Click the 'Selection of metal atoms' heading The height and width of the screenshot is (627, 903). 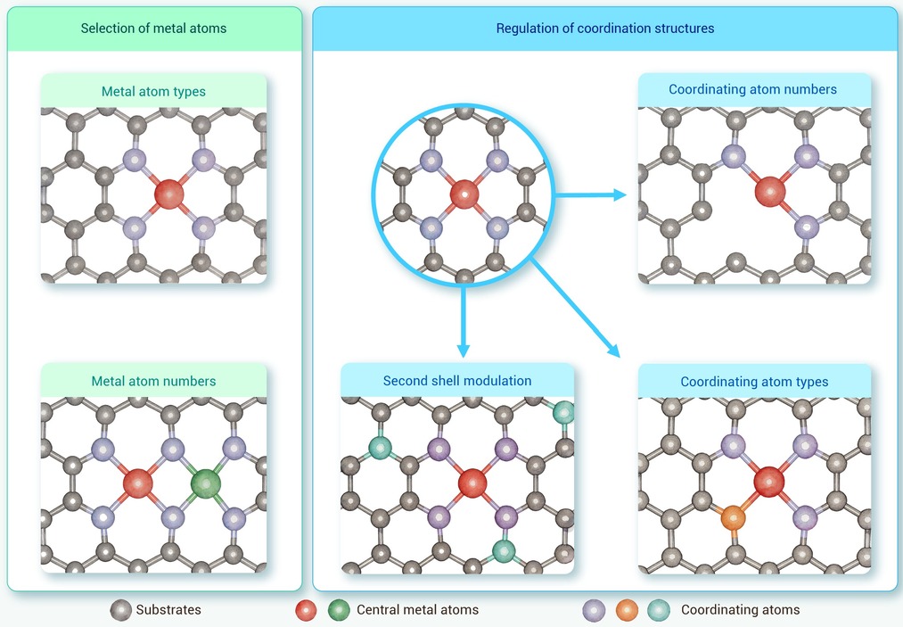(153, 29)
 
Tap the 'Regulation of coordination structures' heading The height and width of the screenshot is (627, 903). (605, 29)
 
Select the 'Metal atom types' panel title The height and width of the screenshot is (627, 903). (153, 91)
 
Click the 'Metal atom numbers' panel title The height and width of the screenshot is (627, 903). (153, 381)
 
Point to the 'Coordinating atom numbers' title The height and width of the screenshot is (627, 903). (752, 89)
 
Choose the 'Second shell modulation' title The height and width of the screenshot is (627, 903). (457, 380)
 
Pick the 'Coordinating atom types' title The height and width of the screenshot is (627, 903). (754, 382)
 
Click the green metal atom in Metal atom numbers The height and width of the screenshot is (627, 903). (206, 483)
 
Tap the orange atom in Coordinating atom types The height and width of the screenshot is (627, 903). (733, 517)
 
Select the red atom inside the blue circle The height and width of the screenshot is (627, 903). (464, 194)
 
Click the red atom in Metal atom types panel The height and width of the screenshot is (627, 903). (169, 194)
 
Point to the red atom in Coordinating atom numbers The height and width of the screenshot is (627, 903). (770, 192)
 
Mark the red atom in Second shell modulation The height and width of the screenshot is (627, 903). (472, 483)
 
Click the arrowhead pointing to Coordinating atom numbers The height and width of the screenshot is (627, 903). (620, 194)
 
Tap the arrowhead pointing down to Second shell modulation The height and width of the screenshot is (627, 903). (463, 351)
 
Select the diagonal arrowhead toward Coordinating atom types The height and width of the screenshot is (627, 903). (614, 351)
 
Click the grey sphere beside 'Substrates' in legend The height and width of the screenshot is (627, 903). (121, 610)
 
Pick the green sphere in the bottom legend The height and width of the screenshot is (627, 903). (339, 610)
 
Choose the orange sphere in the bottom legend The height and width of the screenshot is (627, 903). (628, 610)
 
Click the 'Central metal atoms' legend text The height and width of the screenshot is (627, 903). (417, 610)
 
